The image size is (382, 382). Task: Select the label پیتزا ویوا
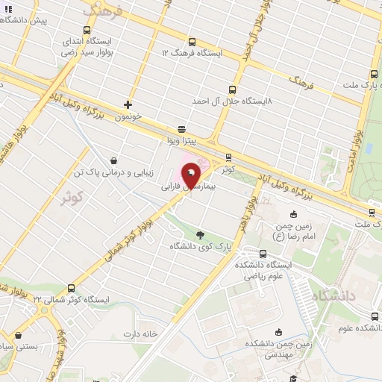[x=181, y=140]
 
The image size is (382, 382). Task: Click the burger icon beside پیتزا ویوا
[x=181, y=128]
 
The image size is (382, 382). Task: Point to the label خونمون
[x=128, y=116]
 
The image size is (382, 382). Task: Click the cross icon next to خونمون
[x=128, y=104]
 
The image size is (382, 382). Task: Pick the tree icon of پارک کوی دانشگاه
[x=199, y=234]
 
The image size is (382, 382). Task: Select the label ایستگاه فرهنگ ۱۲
[x=192, y=53]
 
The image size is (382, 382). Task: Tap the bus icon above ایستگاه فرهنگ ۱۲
[x=192, y=42]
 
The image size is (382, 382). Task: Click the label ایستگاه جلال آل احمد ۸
[x=232, y=99]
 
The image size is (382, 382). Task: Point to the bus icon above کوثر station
[x=228, y=157]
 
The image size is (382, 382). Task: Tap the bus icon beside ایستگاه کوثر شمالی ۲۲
[x=71, y=287]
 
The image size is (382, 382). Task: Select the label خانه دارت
[x=143, y=334]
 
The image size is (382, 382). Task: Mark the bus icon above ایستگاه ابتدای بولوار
[x=87, y=31]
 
